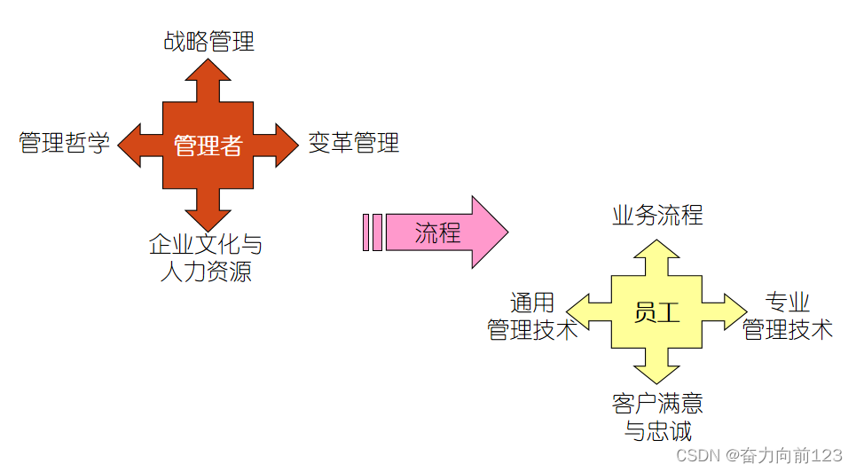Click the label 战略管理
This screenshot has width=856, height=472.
point(208,41)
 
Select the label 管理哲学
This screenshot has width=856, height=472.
point(65,143)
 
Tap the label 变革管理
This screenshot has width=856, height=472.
point(354,142)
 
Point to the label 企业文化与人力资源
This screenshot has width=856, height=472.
point(207,257)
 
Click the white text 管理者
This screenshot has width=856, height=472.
point(208,146)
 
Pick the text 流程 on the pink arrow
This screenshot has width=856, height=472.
point(437,232)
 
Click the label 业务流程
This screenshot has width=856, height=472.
point(657,215)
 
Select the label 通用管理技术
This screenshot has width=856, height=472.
point(532,316)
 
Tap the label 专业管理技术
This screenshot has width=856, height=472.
point(788,316)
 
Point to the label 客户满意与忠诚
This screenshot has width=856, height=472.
point(657,417)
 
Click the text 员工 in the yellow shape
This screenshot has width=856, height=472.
point(657,312)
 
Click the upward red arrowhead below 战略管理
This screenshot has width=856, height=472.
point(208,70)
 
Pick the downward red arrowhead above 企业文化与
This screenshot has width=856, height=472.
point(208,218)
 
